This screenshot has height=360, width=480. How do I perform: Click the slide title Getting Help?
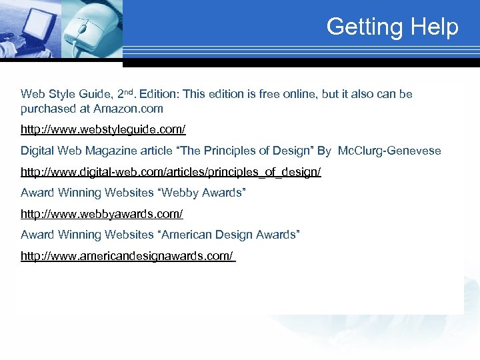pos(392,27)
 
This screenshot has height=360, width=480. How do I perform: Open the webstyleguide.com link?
pos(103,129)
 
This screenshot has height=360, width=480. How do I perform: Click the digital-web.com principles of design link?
pos(171,172)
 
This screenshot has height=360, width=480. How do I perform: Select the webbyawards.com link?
pos(101,214)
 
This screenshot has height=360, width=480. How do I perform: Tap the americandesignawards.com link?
pos(127,256)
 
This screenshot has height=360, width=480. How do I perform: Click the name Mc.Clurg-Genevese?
pos(389,151)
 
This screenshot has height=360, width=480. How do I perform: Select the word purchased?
pos(45,109)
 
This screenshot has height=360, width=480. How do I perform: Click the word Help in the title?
pos(435,27)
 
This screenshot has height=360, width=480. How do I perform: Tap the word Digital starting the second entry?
pos(37,151)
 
